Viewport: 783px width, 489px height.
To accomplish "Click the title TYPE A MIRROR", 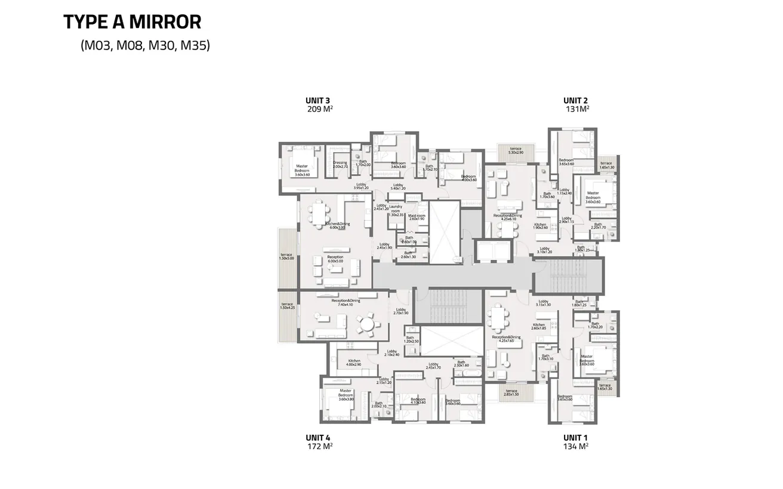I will (x=132, y=22).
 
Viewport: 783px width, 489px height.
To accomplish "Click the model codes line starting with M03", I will (x=145, y=45).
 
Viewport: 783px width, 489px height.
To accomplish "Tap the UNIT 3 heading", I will (x=317, y=101).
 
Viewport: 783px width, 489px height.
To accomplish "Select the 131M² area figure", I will (x=577, y=109).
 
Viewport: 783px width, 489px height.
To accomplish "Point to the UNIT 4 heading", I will (x=317, y=437).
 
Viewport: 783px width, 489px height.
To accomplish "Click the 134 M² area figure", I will (x=576, y=445).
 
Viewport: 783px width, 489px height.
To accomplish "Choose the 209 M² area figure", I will (x=319, y=109).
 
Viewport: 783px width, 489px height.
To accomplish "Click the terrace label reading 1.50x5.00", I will (x=287, y=257).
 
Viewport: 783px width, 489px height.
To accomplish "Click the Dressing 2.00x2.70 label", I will (x=340, y=165).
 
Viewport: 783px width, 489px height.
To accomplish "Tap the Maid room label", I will (x=417, y=217).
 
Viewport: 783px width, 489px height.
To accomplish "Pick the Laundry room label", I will (x=396, y=210).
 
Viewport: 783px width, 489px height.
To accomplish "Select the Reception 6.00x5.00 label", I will (x=335, y=259).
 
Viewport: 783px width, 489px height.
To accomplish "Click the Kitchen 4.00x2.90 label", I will (x=354, y=363).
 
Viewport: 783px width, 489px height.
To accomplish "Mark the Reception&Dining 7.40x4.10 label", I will (x=346, y=302).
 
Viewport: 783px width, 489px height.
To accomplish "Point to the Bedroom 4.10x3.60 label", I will (x=418, y=401).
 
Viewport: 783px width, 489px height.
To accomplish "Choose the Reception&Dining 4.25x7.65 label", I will (x=506, y=339).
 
